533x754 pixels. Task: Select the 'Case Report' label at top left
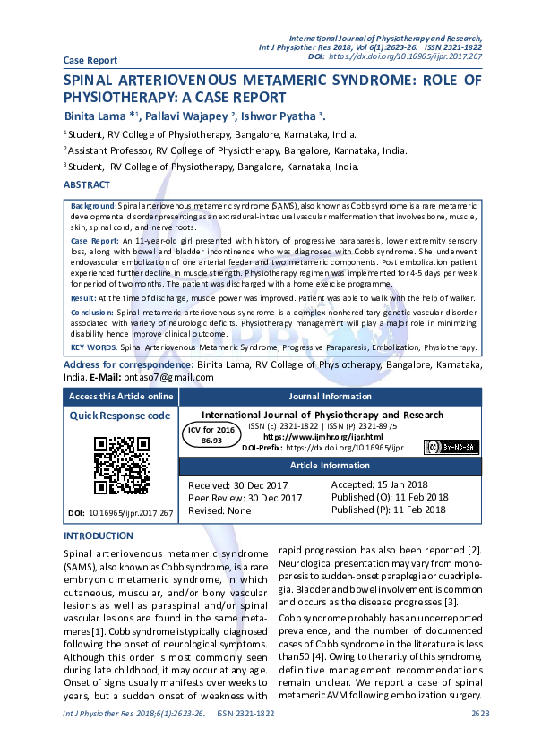click(90, 60)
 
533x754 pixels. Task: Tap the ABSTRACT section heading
click(87, 184)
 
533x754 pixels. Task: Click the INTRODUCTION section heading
click(98, 536)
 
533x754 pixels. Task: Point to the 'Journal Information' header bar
click(330, 396)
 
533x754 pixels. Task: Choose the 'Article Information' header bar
click(330, 467)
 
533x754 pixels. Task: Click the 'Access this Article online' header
click(121, 396)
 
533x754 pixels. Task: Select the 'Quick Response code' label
click(120, 416)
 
